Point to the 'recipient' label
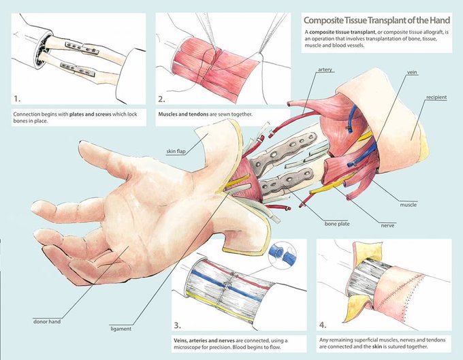(x=434, y=97)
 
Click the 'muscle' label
(x=409, y=204)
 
